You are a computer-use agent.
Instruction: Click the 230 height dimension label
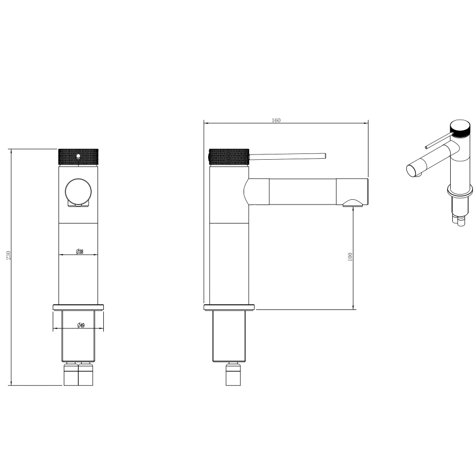[x=8, y=255]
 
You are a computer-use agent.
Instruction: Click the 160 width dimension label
[x=276, y=120]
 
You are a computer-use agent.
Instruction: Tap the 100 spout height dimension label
[x=350, y=257]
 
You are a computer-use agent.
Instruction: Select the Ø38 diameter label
[x=80, y=252]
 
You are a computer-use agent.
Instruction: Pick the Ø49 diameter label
[x=80, y=325]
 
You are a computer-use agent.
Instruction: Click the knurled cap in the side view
[x=229, y=157]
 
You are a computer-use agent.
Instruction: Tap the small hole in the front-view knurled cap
[x=78, y=156]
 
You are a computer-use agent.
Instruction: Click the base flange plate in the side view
[x=229, y=307]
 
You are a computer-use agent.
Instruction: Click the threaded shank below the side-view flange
[x=229, y=336]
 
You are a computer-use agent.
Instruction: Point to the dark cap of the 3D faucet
[x=461, y=129]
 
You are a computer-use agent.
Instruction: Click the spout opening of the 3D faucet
[x=412, y=170]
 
